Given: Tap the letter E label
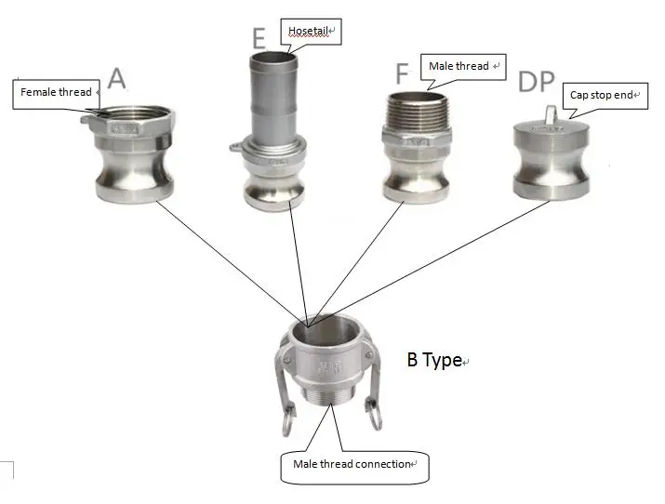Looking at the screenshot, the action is (x=259, y=38).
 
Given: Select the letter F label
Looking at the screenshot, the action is (x=402, y=74).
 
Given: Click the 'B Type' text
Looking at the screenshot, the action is (x=434, y=360).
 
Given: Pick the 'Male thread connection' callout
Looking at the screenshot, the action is (x=354, y=464).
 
